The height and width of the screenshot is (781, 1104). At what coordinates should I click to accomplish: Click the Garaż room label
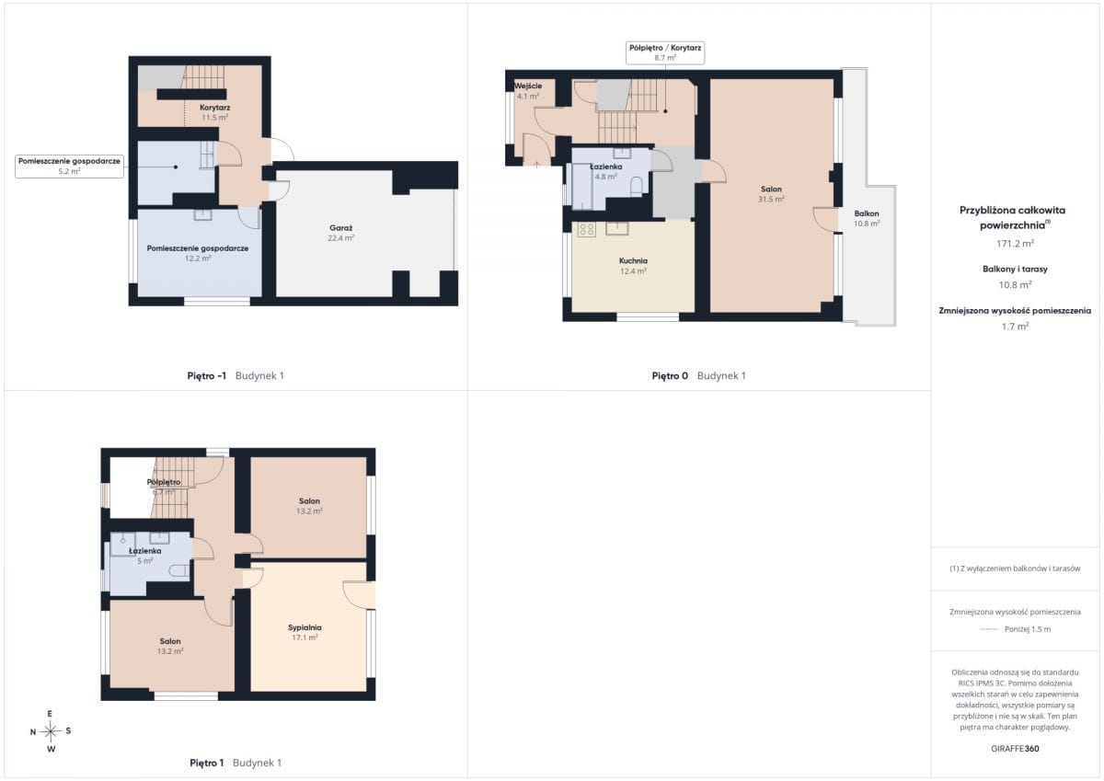click(x=340, y=227)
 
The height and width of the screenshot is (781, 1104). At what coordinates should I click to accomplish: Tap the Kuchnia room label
click(x=633, y=260)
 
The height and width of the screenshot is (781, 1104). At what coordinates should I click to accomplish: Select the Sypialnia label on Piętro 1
click(x=305, y=627)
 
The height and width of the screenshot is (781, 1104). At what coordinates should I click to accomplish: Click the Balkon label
click(x=867, y=213)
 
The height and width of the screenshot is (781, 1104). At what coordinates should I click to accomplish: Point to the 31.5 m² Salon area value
click(x=771, y=199)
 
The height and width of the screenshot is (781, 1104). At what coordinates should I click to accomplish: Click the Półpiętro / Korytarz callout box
click(x=665, y=52)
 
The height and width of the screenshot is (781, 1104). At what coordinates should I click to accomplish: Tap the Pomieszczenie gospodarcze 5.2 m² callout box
click(x=69, y=167)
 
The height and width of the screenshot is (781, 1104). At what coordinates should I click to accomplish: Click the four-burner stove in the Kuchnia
click(x=587, y=230)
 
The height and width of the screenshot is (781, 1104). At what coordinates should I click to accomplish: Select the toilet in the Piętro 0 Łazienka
click(x=637, y=186)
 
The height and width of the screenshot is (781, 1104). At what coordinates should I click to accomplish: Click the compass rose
click(x=51, y=731)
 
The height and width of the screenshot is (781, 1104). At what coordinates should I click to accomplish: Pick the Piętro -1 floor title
click(x=206, y=375)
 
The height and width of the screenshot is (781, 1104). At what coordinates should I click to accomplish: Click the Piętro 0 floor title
click(x=670, y=375)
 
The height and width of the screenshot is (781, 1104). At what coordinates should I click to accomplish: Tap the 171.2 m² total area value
click(x=1015, y=244)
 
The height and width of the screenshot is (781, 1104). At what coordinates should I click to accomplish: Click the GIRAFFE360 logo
click(x=1015, y=749)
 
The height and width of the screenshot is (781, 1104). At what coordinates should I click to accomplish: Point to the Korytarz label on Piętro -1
click(x=215, y=108)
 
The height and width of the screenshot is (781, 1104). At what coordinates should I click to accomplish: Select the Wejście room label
click(x=528, y=86)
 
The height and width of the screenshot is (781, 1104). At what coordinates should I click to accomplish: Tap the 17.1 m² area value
click(x=305, y=637)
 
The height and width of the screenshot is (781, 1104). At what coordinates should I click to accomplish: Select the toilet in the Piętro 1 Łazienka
click(x=178, y=571)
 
